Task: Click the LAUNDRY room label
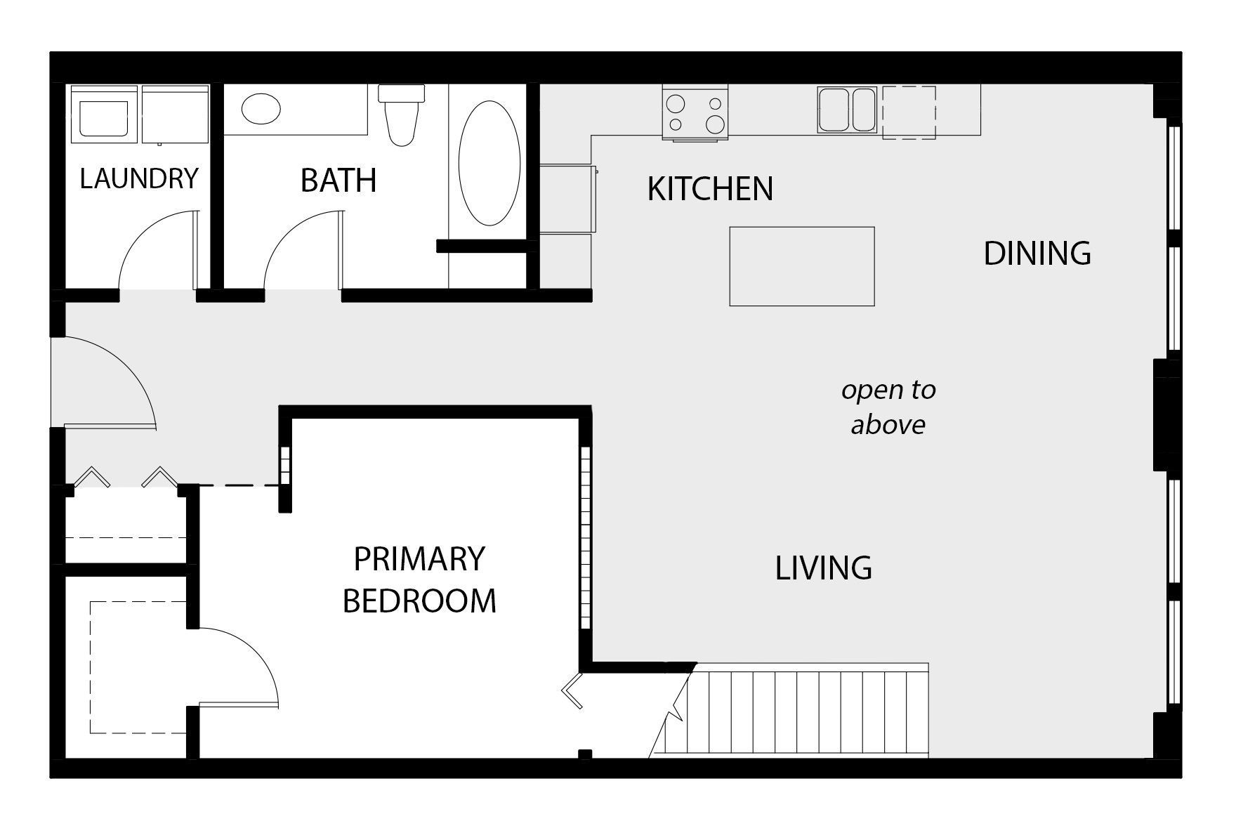(139, 179)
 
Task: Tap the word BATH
(338, 181)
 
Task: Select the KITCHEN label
(709, 189)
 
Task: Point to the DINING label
(1037, 254)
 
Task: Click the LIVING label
(823, 568)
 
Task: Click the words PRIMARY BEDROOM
(419, 580)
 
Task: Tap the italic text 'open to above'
(888, 407)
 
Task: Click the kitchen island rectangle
(801, 266)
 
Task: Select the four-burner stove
(695, 112)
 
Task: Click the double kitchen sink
(847, 110)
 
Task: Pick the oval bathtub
(489, 163)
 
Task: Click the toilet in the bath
(402, 114)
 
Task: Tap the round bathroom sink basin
(261, 109)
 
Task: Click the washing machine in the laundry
(104, 114)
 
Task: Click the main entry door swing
(105, 383)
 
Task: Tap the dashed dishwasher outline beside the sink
(909, 112)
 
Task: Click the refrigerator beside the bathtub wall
(567, 199)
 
